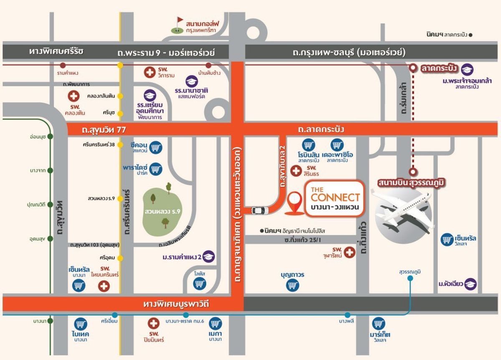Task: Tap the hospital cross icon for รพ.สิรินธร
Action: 295,170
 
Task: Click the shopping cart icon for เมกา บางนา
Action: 215,323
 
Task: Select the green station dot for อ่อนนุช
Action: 50,136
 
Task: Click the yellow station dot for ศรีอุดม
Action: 120,257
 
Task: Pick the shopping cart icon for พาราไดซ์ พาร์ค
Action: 156,169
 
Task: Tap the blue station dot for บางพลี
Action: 347,315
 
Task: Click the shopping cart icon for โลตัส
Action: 200,284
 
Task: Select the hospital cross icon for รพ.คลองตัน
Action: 73,96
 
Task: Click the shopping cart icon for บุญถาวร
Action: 292,285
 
